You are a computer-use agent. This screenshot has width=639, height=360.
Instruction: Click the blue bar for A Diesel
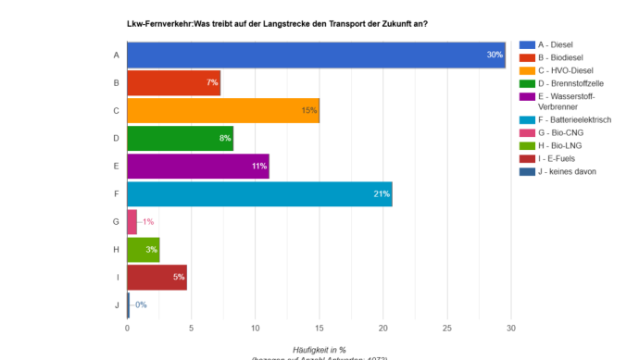(x=315, y=56)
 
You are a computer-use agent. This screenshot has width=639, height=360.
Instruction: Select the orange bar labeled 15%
(x=222, y=111)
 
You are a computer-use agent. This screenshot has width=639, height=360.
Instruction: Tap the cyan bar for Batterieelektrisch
(x=259, y=194)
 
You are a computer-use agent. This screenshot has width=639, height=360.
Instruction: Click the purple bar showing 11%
(x=197, y=167)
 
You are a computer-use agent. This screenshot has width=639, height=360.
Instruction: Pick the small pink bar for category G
(x=132, y=222)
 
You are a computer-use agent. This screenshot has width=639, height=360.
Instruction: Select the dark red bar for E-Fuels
(x=157, y=277)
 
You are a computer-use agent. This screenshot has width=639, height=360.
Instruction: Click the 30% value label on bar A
(x=495, y=56)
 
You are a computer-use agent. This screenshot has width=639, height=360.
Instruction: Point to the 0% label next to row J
(x=141, y=304)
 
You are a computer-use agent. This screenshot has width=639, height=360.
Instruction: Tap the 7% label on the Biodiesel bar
(x=212, y=83)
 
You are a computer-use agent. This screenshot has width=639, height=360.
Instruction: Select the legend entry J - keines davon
(x=572, y=171)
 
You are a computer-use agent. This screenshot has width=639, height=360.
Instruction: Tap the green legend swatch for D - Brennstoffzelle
(x=526, y=83)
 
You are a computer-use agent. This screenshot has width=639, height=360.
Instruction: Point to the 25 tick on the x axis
(x=447, y=328)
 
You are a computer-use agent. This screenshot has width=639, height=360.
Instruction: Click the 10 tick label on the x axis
(x=256, y=328)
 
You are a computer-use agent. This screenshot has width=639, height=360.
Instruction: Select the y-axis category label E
(x=116, y=167)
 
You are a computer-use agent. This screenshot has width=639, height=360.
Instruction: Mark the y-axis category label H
(x=116, y=250)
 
